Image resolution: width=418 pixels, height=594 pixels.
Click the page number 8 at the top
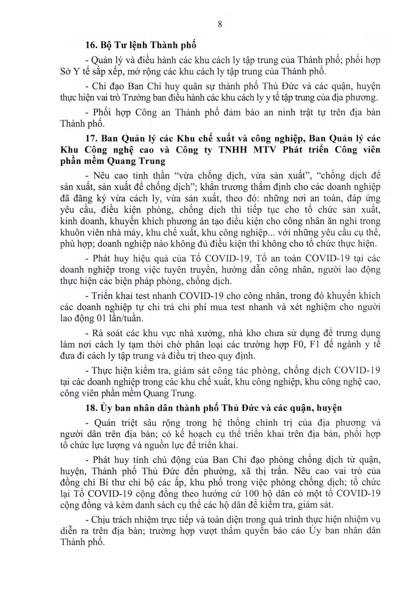click(x=220, y=24)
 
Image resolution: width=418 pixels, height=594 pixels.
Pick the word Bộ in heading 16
click(x=106, y=45)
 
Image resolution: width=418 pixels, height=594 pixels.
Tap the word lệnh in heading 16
click(x=137, y=45)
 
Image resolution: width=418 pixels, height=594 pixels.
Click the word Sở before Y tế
click(x=66, y=71)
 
